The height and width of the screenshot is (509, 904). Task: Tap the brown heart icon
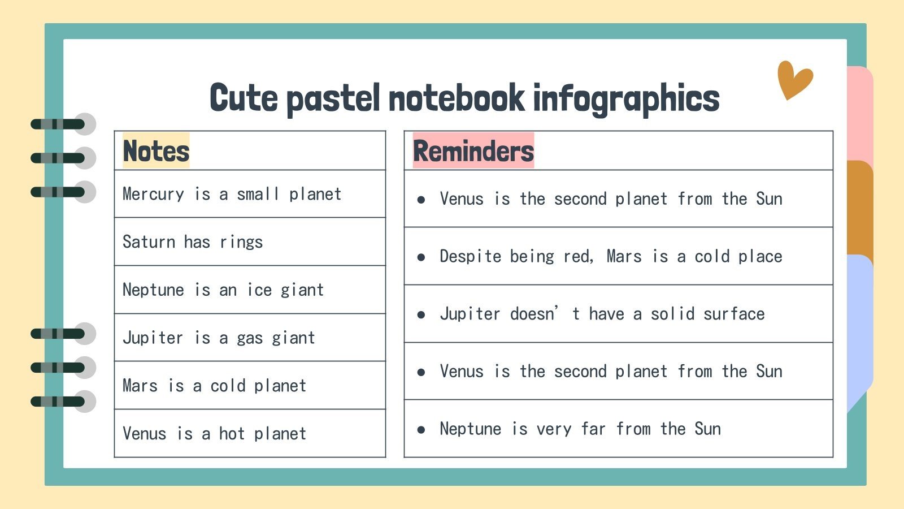point(794,80)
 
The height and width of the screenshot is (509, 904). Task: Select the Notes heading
point(156,151)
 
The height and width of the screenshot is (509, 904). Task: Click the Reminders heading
point(473,151)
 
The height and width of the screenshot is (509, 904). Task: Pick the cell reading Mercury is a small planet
point(232,194)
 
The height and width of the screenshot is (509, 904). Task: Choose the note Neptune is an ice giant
point(223,290)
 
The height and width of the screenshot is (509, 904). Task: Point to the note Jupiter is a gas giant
point(219,338)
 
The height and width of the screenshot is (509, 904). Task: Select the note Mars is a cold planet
point(214,386)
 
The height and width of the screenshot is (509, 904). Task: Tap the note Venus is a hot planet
point(214,434)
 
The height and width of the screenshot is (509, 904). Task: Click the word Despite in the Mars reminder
point(470,256)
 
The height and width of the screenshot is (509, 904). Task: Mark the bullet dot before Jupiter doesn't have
point(421,314)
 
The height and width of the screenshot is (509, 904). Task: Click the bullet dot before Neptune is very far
point(421,430)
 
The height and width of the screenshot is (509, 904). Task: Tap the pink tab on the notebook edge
point(859,113)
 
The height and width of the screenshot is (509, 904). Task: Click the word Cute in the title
point(244,98)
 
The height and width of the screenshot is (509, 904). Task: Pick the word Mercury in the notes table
point(153,194)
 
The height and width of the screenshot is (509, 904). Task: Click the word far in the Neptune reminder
point(593,429)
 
